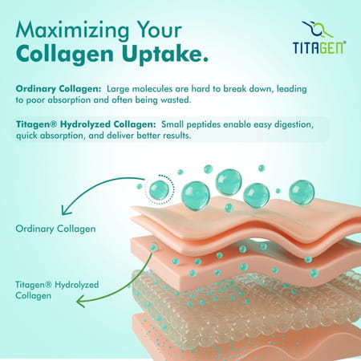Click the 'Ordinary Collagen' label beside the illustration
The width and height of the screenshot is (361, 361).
(x=55, y=229)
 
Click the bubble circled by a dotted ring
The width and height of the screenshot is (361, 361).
(x=159, y=190)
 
